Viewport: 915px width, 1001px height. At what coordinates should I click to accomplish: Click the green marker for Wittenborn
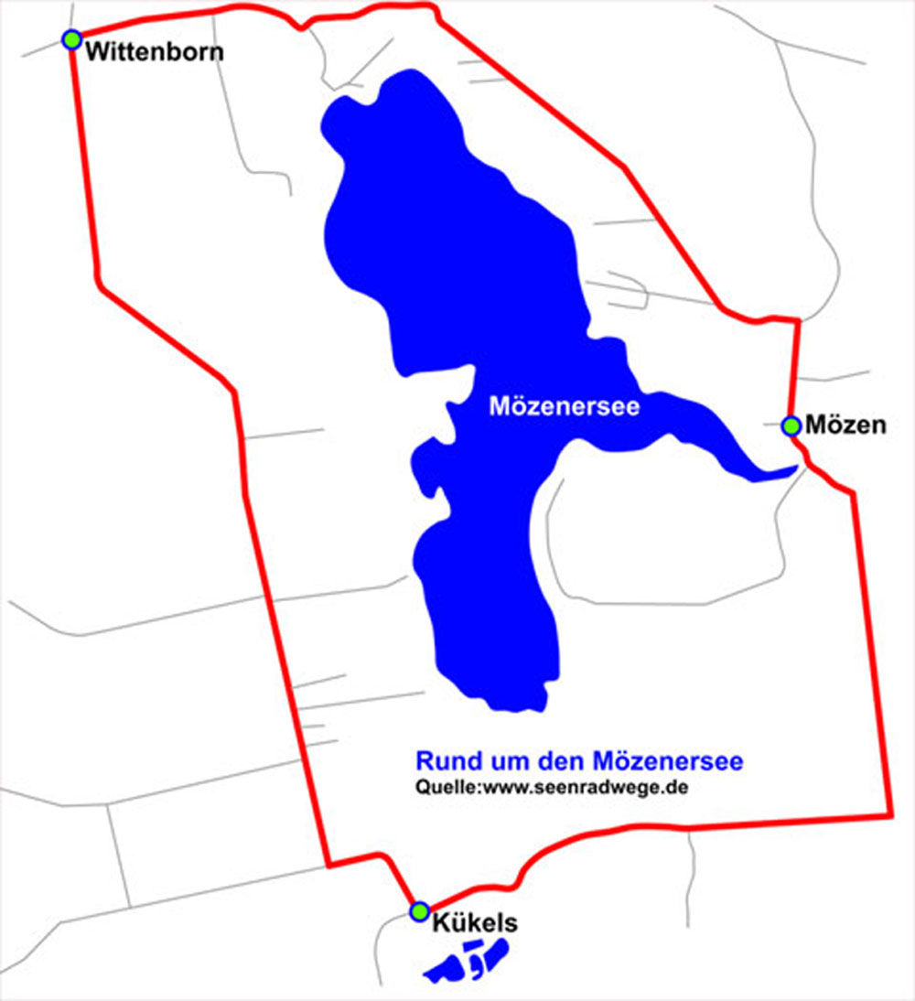(70, 39)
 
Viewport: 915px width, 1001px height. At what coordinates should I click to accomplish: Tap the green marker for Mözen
(791, 425)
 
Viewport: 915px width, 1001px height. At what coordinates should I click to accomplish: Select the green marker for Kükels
(419, 911)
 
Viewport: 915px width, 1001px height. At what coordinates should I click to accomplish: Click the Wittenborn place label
(154, 51)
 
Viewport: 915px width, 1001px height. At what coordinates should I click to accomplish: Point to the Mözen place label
(846, 425)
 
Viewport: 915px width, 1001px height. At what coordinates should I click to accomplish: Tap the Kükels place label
(475, 924)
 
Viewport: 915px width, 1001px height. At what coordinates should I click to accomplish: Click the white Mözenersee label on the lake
(564, 406)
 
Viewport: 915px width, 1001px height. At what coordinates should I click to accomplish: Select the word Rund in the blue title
(444, 760)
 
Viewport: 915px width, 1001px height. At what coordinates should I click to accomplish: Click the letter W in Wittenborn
(95, 51)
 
